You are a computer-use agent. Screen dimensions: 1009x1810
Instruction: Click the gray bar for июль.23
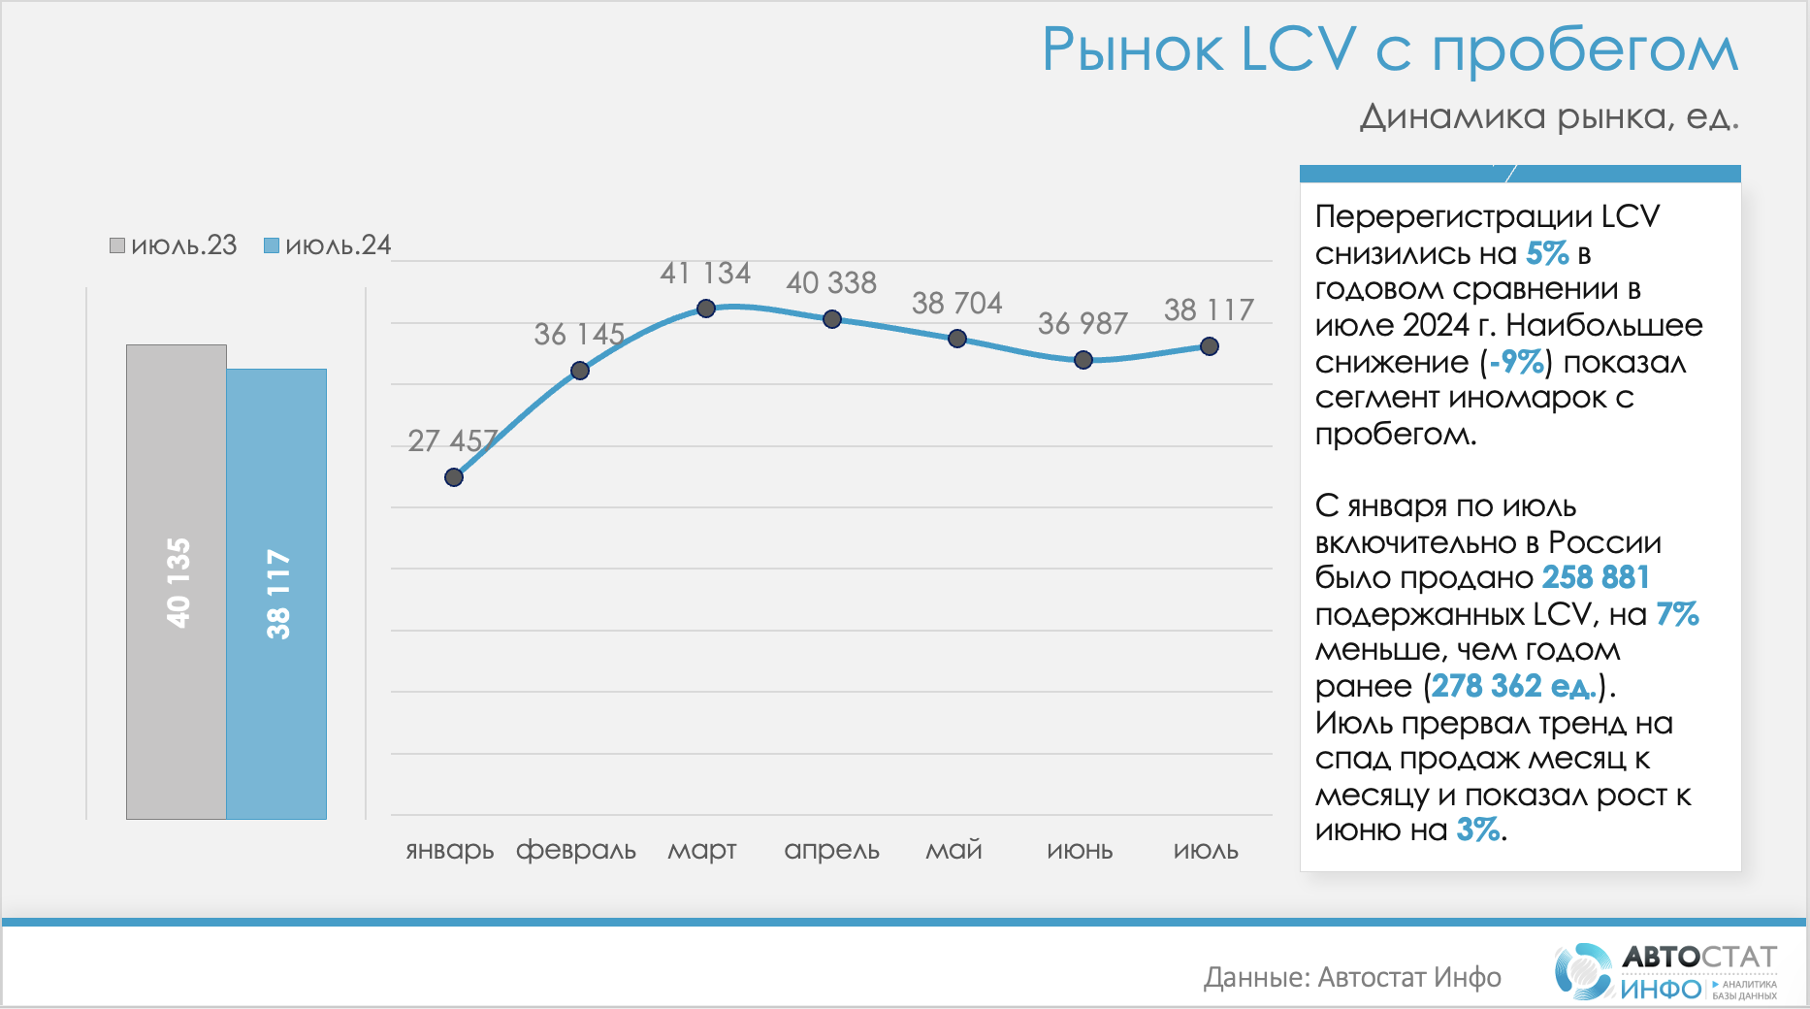177,582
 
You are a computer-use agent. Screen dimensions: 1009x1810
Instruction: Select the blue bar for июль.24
276,594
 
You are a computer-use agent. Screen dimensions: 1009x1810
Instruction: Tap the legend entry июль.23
174,245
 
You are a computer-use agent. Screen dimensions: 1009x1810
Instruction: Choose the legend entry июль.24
328,245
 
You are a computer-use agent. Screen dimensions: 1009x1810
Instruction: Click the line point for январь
454,477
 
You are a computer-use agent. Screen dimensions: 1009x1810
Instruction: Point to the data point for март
706,309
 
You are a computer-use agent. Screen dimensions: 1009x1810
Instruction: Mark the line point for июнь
1083,360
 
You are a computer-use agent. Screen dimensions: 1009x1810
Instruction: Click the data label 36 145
579,335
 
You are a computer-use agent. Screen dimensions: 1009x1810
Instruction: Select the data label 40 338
831,283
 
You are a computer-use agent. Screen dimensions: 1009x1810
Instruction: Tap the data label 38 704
956,304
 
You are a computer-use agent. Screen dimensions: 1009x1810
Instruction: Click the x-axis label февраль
576,851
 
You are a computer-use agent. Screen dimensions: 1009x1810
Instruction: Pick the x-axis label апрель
831,851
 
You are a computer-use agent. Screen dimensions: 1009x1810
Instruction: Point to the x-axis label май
953,851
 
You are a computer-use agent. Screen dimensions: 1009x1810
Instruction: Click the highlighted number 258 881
1596,577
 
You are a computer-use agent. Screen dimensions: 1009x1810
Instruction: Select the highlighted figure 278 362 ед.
1513,686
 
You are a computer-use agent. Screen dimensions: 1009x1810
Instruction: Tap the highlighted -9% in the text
1517,362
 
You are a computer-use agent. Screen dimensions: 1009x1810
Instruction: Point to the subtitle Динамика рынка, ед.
1549,116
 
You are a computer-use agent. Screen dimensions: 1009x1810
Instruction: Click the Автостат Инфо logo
1666,971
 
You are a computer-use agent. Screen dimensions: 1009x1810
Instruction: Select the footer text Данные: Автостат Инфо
1352,977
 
